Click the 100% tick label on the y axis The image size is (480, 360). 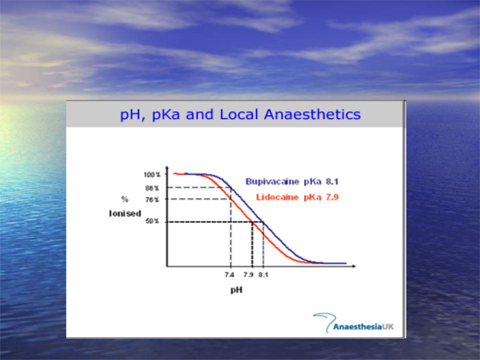tap(152, 174)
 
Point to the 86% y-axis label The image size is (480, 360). tap(152, 188)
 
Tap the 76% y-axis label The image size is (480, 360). tap(152, 200)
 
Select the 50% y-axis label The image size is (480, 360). tap(152, 221)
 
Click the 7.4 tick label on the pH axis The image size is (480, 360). tap(229, 275)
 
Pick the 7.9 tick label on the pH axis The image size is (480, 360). tap(248, 275)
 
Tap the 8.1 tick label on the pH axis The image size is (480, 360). tap(263, 275)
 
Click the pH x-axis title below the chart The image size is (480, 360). tap(236, 289)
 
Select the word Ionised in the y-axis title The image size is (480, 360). tap(125, 213)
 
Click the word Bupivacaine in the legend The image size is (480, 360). tap(272, 181)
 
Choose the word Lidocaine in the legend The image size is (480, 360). tap(277, 197)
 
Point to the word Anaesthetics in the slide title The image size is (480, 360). tap(312, 114)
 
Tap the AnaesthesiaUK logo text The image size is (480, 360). tap(363, 327)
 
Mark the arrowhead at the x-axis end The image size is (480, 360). tap(353, 266)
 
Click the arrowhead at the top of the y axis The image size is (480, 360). tap(167, 168)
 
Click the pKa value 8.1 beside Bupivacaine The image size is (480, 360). tap(332, 181)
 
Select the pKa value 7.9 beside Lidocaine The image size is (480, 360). tap(332, 197)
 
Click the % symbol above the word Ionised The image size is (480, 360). tap(124, 199)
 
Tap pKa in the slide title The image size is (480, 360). tap(165, 115)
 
